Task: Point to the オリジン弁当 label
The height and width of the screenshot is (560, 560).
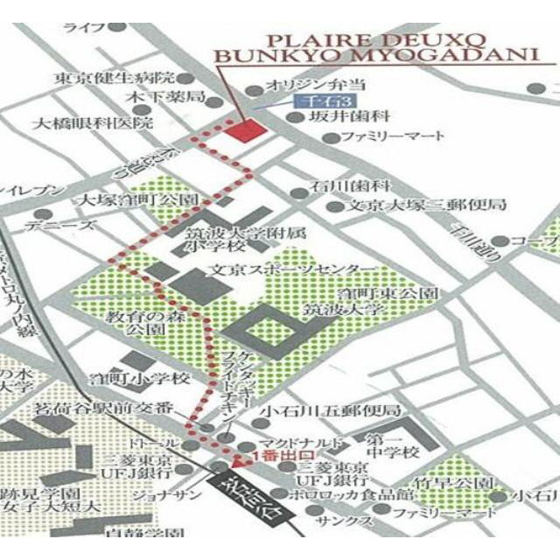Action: click(x=308, y=86)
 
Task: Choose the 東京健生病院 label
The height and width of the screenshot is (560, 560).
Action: click(x=114, y=77)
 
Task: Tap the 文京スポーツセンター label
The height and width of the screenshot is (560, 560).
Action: click(x=290, y=268)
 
